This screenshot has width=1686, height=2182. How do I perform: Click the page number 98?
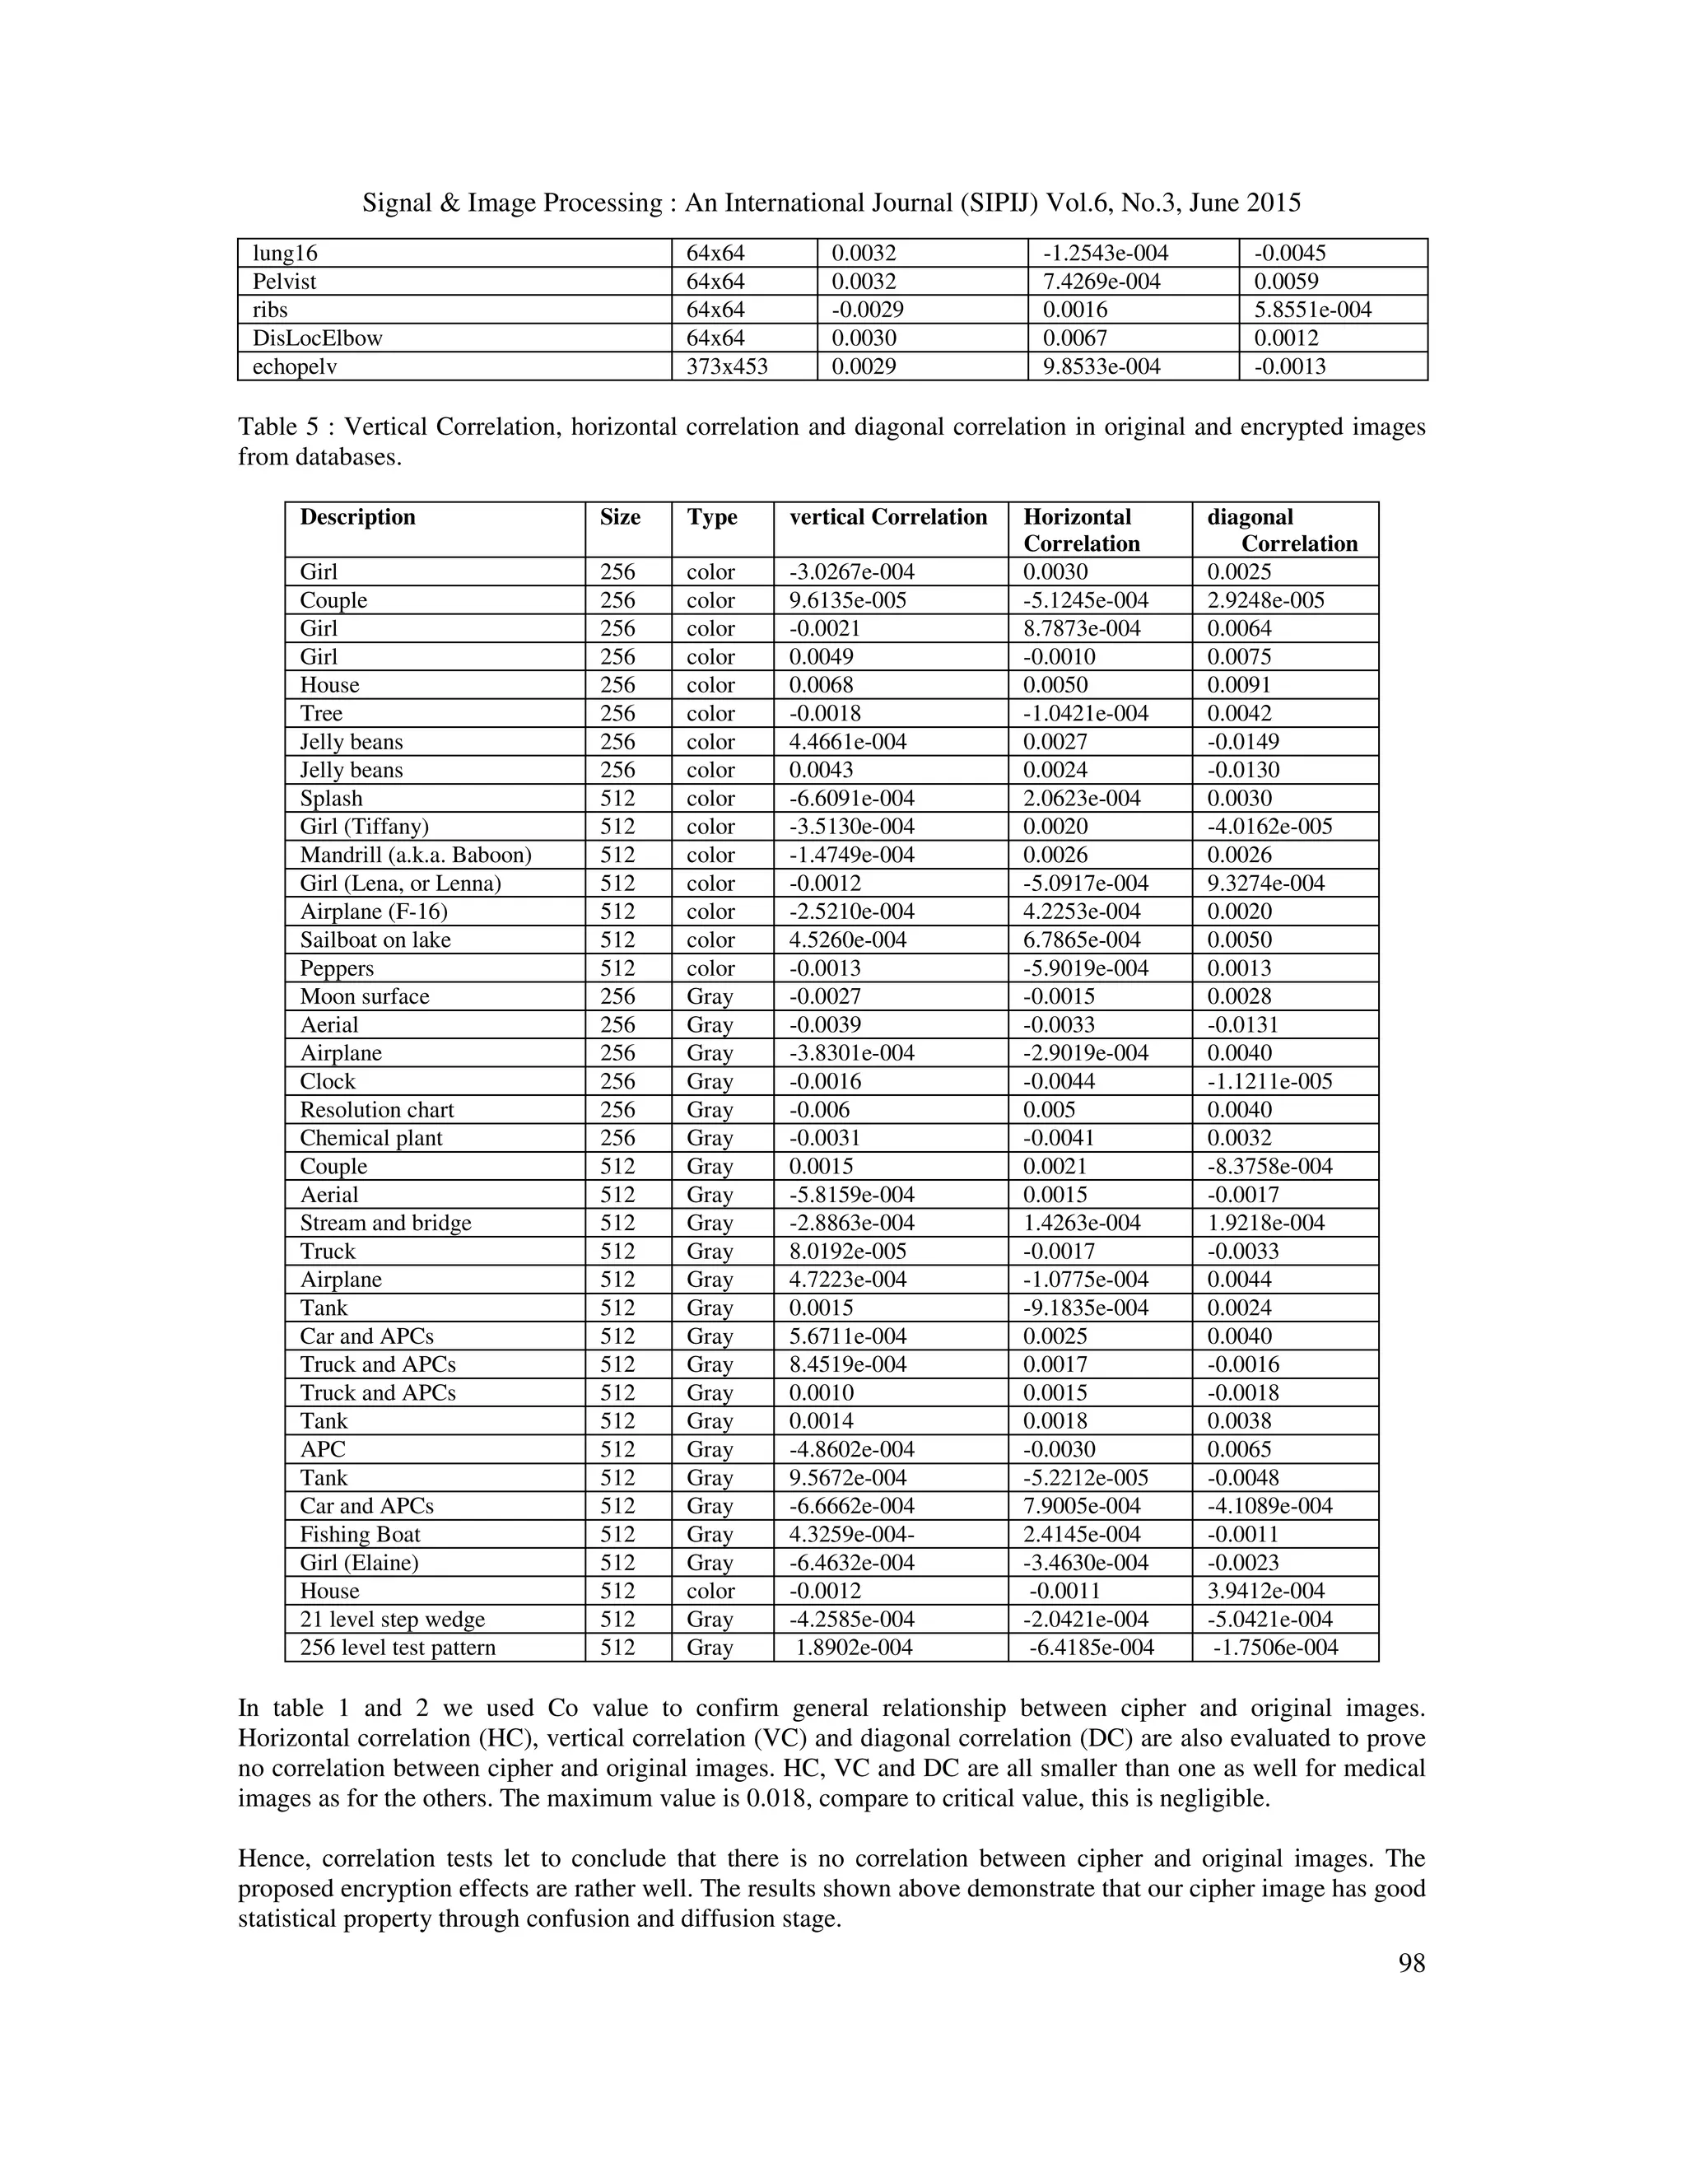tap(1410, 1963)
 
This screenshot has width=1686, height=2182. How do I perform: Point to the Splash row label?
tap(331, 798)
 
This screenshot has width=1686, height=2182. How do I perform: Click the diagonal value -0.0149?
tap(1242, 741)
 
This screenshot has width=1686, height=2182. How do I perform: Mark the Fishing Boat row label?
tap(360, 1535)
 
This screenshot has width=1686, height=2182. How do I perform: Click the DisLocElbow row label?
tap(317, 338)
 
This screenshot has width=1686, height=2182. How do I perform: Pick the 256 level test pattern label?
tap(398, 1648)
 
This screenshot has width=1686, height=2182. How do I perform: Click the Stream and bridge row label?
tap(384, 1223)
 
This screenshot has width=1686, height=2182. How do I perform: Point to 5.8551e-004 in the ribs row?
tap(1312, 310)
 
